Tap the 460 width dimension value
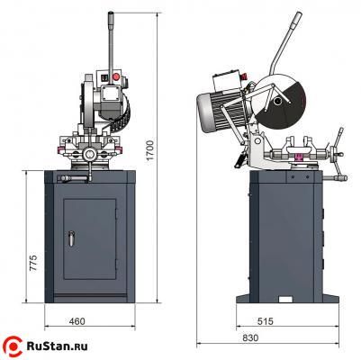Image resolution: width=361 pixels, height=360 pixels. tap(77, 321)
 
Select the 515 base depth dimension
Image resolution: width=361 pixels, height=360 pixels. tap(265, 321)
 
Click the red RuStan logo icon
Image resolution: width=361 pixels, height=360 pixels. tap(14, 343)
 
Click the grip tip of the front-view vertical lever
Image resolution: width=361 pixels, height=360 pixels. tap(112, 17)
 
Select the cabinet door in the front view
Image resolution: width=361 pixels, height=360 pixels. tap(90, 243)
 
